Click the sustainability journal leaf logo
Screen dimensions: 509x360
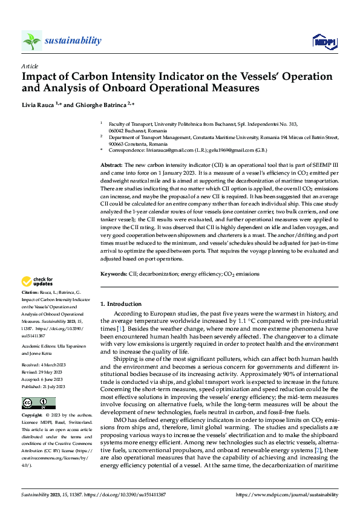31,41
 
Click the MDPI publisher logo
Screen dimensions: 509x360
322,41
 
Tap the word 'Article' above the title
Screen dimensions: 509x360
29,66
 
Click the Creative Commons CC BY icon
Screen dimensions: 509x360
38,403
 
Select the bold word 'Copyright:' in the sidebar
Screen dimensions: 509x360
33,416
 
